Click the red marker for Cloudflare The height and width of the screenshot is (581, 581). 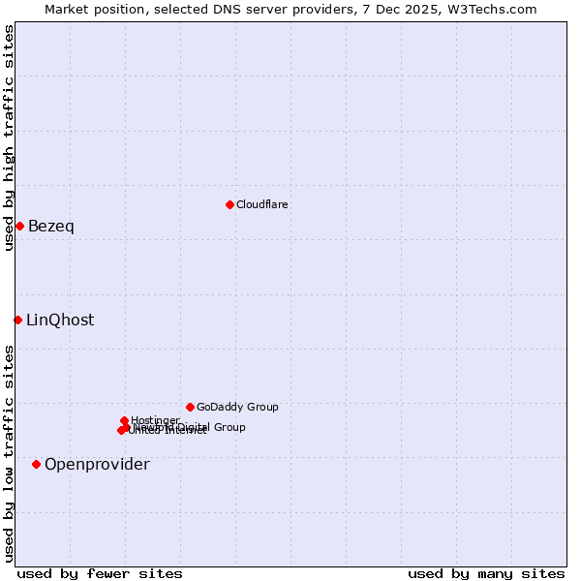click(229, 204)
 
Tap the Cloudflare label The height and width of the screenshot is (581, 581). click(261, 204)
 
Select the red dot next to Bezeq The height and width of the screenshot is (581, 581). click(19, 226)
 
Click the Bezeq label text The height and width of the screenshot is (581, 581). click(50, 227)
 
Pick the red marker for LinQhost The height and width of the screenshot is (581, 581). click(17, 320)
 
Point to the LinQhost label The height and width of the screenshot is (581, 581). click(60, 321)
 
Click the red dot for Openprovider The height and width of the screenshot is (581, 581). click(37, 464)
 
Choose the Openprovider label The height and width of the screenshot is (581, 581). click(97, 465)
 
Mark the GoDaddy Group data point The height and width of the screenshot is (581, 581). click(190, 407)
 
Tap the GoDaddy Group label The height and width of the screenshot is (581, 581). click(237, 407)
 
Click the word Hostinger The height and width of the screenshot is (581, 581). click(155, 420)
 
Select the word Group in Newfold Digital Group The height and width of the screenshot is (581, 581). click(229, 427)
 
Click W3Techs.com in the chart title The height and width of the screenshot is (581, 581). click(496, 10)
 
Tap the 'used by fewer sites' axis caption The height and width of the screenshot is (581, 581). click(100, 573)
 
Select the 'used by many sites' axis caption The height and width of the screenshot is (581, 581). click(486, 573)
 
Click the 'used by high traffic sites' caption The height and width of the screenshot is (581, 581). click(10, 138)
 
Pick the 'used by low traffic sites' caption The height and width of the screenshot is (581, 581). click(10, 453)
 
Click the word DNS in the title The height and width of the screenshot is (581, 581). click(234, 10)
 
